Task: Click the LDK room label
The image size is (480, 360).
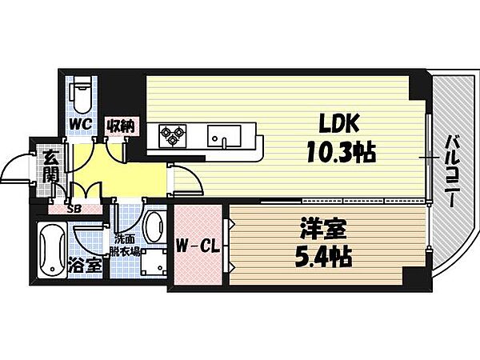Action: pyautogui.click(x=339, y=124)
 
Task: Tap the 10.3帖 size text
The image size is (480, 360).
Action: pyautogui.click(x=342, y=153)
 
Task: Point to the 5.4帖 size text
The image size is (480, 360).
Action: pyautogui.click(x=323, y=257)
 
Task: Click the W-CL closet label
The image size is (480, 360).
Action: pyautogui.click(x=198, y=246)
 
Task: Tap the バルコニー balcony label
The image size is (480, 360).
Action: pyautogui.click(x=453, y=171)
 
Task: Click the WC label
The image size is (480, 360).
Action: pyautogui.click(x=80, y=124)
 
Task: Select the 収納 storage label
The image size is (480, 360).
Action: pyautogui.click(x=122, y=126)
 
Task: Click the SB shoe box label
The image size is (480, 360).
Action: pyautogui.click(x=74, y=210)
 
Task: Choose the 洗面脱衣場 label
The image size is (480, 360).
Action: pyautogui.click(x=126, y=246)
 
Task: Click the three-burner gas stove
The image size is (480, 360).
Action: pyautogui.click(x=173, y=134)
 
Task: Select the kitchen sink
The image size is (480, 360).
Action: pyautogui.click(x=223, y=137)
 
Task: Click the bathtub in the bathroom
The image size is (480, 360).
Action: pyautogui.click(x=52, y=251)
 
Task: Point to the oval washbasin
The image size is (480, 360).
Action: pyautogui.click(x=154, y=226)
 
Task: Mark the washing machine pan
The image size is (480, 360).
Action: pyautogui.click(x=154, y=262)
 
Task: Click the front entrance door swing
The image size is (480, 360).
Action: pyautogui.click(x=16, y=168)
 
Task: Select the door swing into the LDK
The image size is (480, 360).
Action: pyautogui.click(x=186, y=179)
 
